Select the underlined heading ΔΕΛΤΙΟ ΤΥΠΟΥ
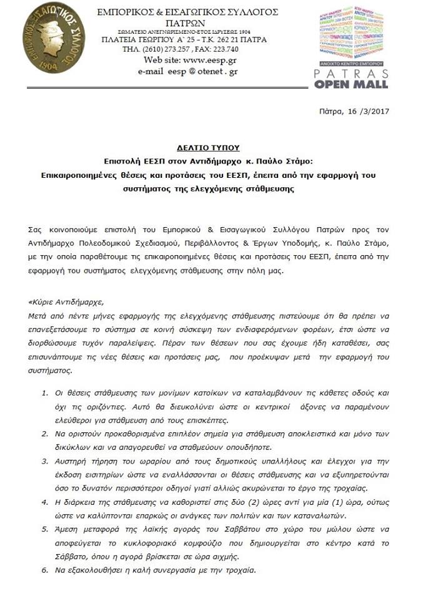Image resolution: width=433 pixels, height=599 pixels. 216,149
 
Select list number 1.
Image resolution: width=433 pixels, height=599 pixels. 44,394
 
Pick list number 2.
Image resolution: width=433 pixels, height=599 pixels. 44,432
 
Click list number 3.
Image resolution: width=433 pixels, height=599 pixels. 44,462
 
